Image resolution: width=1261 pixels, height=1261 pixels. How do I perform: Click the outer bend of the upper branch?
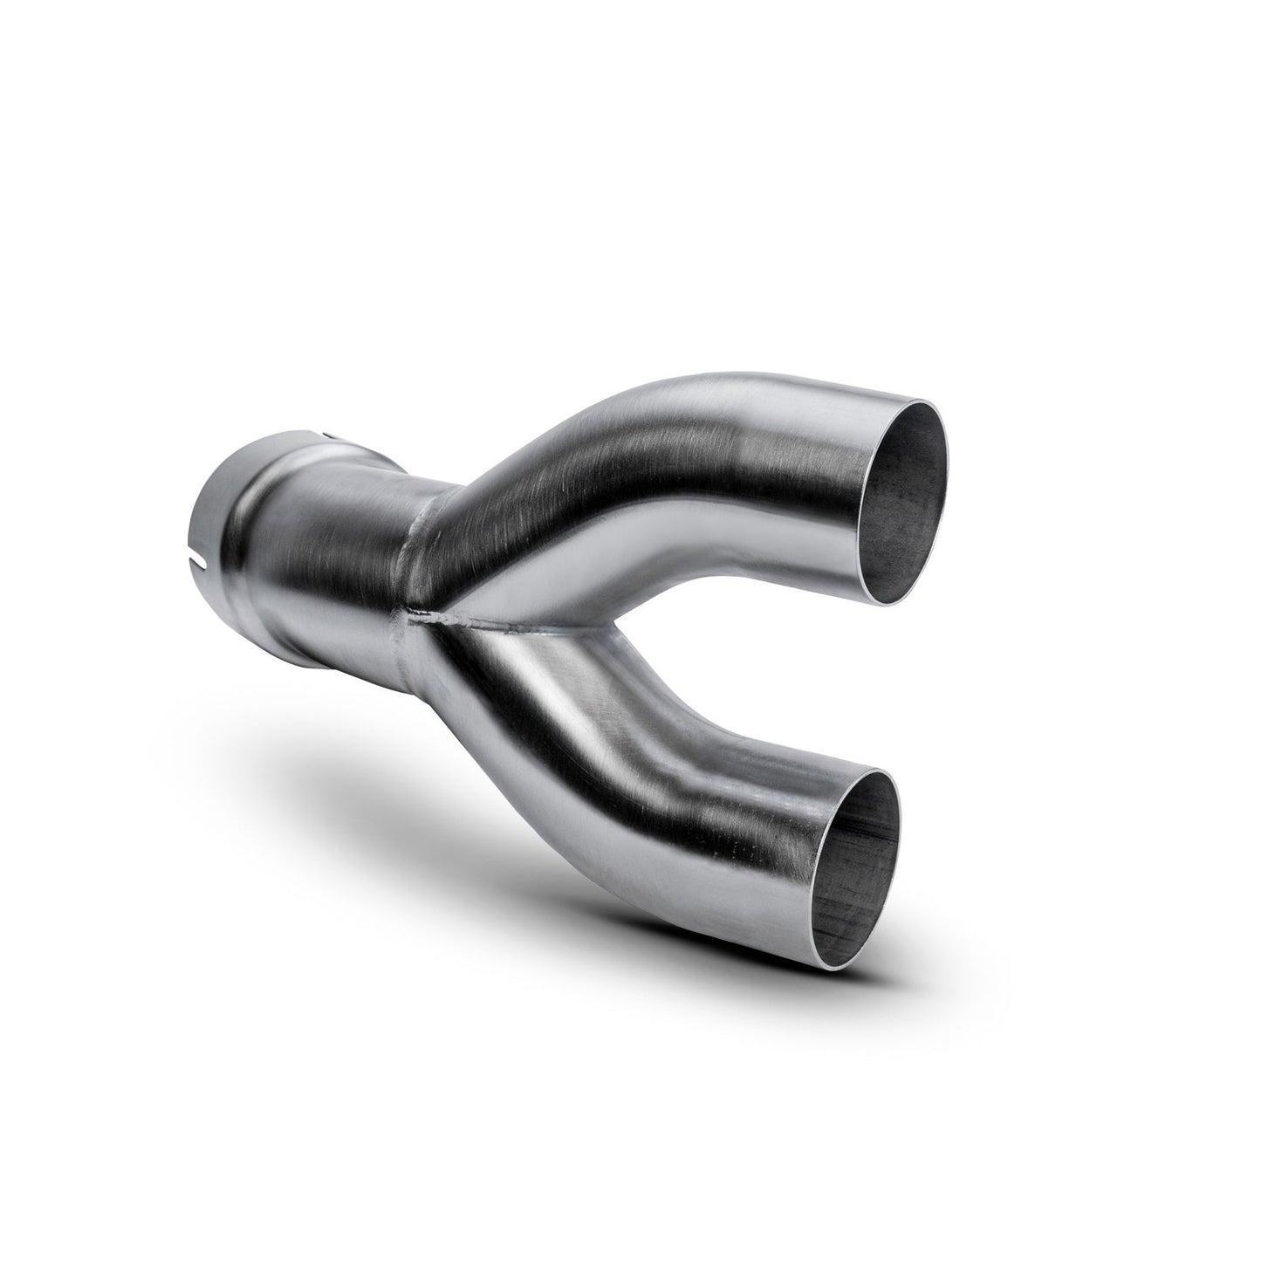pos(611,419)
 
